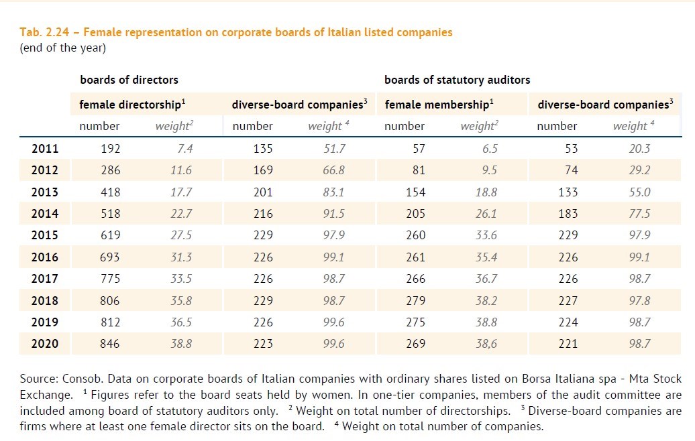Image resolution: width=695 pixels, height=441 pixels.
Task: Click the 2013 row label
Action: point(45,192)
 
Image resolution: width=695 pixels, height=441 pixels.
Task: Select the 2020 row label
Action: point(45,344)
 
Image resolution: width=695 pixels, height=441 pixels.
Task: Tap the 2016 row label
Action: point(45,257)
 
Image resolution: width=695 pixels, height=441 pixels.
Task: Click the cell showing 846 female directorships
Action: point(110,344)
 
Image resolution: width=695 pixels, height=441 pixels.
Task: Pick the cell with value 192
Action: point(110,149)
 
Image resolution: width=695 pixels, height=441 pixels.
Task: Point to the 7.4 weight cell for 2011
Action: point(182,149)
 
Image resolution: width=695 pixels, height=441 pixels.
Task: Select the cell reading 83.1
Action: point(334,192)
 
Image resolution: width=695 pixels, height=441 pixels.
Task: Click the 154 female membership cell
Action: point(415,192)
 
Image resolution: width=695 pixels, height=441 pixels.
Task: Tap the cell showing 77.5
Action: point(639,214)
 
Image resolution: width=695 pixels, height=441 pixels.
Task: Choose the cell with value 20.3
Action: point(639,149)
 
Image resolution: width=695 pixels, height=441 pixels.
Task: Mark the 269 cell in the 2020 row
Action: point(415,344)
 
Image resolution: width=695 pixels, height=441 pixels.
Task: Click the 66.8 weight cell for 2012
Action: point(334,170)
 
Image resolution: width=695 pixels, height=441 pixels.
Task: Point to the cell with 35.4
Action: point(486,257)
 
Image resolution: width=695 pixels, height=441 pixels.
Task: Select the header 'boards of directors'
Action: point(129,80)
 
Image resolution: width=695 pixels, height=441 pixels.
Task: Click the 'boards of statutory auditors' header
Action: point(457,80)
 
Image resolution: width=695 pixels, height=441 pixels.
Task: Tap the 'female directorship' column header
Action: point(131,105)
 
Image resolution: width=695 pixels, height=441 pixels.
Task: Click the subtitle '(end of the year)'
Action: point(63,48)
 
